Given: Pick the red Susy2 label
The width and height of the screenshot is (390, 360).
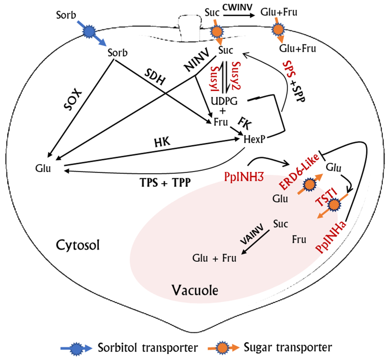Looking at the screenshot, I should point(236,75).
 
